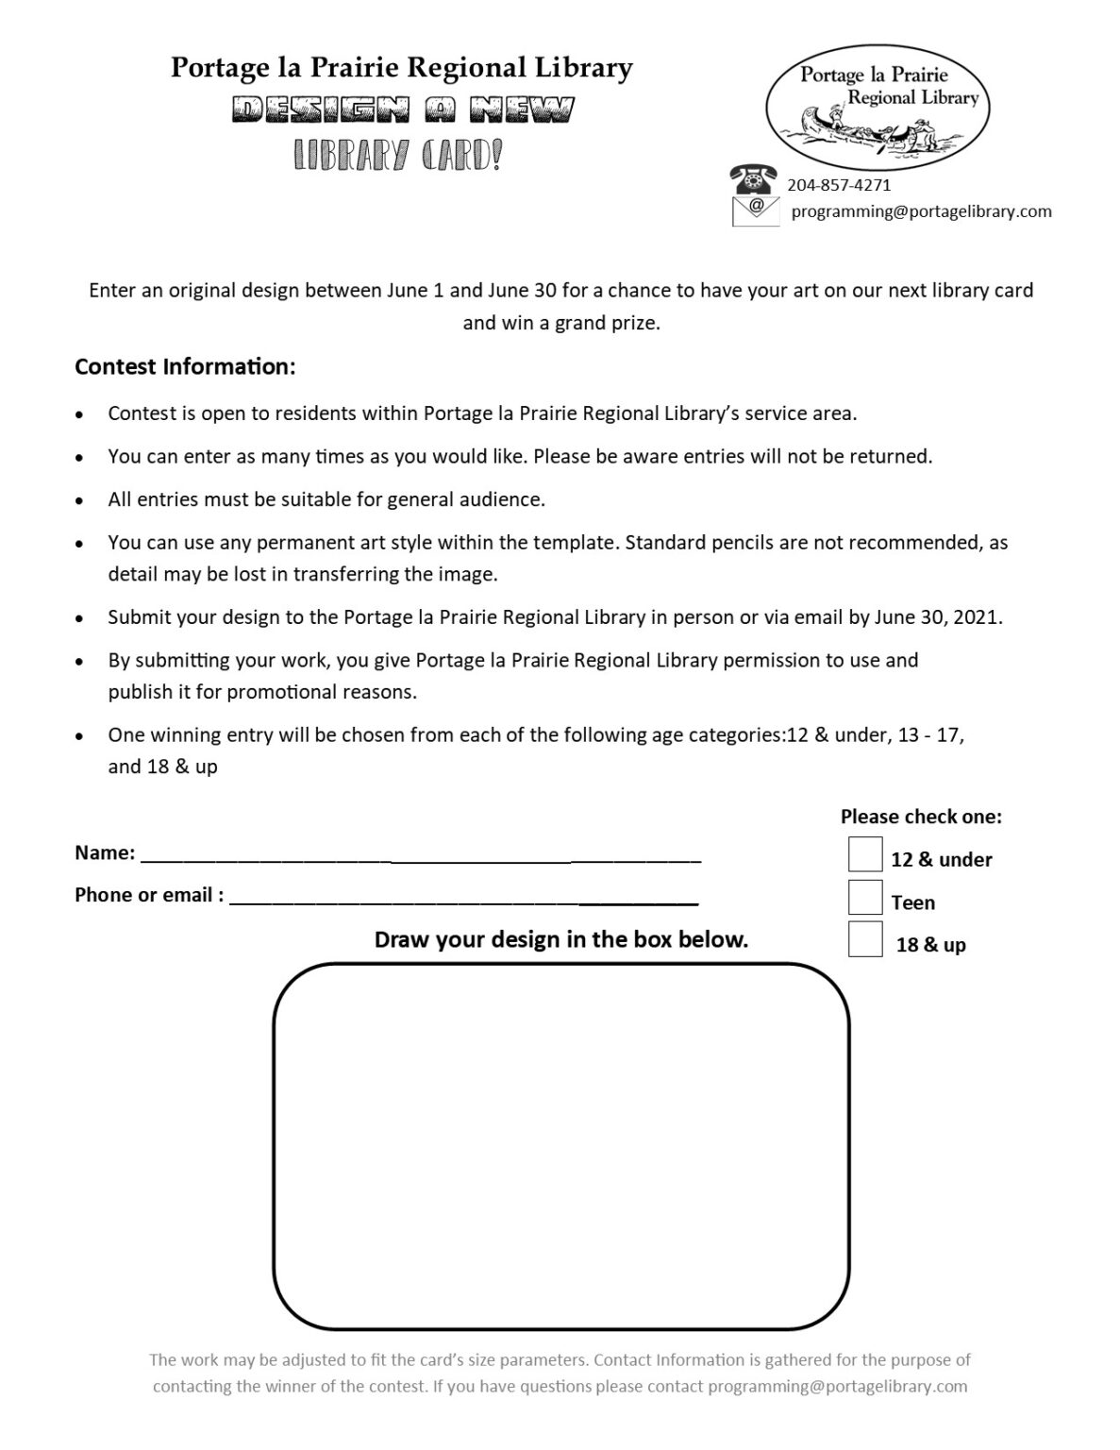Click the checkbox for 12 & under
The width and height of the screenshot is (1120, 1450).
click(x=864, y=854)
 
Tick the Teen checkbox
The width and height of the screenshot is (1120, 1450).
click(x=864, y=897)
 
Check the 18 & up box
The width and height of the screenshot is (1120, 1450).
click(x=864, y=939)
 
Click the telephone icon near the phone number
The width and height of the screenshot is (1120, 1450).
click(x=753, y=179)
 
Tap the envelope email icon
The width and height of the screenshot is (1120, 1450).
click(x=756, y=211)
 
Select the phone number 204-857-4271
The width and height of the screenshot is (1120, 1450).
click(x=839, y=185)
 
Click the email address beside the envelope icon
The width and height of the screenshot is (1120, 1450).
click(x=921, y=211)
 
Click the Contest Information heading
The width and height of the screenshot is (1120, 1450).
click(x=185, y=366)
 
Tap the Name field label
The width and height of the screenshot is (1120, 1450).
click(x=105, y=852)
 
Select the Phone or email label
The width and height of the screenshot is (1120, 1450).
click(x=149, y=895)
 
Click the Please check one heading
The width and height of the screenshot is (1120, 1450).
click(x=921, y=817)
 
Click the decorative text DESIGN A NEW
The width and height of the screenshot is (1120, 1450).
click(x=403, y=111)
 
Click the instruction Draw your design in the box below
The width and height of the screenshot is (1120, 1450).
click(x=560, y=939)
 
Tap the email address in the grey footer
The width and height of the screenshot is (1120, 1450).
click(x=837, y=1387)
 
